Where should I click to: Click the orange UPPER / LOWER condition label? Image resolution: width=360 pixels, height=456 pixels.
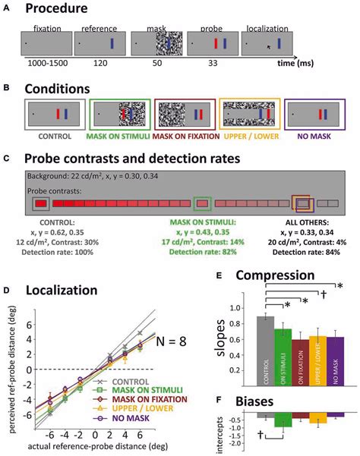coord(251,137)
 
